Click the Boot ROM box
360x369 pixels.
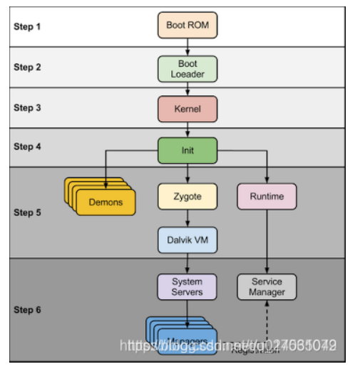187,25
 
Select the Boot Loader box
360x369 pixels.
187,68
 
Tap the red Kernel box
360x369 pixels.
187,109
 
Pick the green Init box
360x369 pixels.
187,150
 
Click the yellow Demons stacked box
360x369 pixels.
105,202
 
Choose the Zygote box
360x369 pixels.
187,196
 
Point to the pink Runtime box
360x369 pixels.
267,196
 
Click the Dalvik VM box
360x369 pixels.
187,240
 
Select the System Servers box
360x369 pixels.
187,286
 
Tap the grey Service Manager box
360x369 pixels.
267,286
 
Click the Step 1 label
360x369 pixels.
28,26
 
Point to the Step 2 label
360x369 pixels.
28,67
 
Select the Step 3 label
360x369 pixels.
28,108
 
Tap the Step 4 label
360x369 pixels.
28,146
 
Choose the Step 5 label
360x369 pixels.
28,212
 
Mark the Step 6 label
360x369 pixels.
28,310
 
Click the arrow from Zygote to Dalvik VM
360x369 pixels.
187,218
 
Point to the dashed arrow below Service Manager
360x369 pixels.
267,317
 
